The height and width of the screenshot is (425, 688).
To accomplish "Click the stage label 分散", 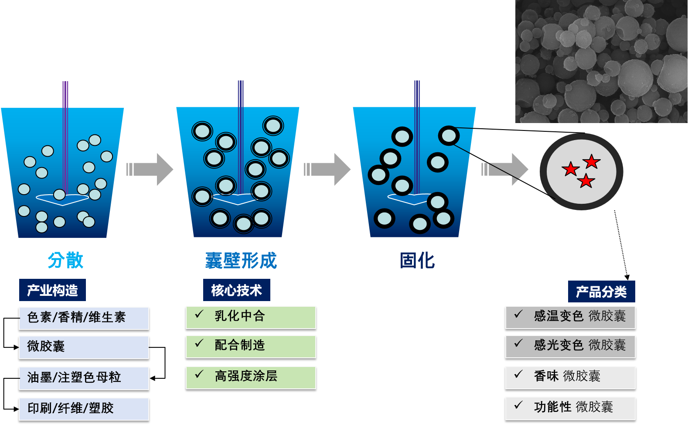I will [x=65, y=260].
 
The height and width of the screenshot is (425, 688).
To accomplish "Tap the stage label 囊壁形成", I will [x=241, y=260].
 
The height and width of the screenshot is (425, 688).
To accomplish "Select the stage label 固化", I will [x=417, y=260].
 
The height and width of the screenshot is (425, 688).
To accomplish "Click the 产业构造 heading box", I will [x=52, y=290].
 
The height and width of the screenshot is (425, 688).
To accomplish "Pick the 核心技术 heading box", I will [x=236, y=290].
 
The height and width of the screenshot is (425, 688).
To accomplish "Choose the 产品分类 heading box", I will [x=601, y=291].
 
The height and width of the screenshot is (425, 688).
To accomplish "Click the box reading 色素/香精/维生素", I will [x=84, y=318].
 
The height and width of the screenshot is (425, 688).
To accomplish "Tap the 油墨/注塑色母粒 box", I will [x=84, y=377].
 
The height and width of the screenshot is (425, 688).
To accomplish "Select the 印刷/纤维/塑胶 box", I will [x=84, y=408].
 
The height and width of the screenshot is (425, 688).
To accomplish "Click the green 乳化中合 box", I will [x=251, y=317].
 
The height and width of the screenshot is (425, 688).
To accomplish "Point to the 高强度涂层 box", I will [x=251, y=377].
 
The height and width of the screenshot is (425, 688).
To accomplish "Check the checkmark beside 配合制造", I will [x=199, y=344].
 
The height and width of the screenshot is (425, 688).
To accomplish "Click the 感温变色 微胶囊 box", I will [x=570, y=317].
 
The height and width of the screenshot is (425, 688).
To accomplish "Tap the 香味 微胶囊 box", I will [x=570, y=377].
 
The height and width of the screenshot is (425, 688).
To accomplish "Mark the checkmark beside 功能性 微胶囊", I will [x=518, y=405].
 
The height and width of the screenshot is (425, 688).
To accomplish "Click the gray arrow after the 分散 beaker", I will [x=150, y=169].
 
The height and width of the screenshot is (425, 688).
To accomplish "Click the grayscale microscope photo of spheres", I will [x=601, y=62].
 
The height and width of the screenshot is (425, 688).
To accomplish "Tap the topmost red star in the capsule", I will [x=592, y=161].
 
